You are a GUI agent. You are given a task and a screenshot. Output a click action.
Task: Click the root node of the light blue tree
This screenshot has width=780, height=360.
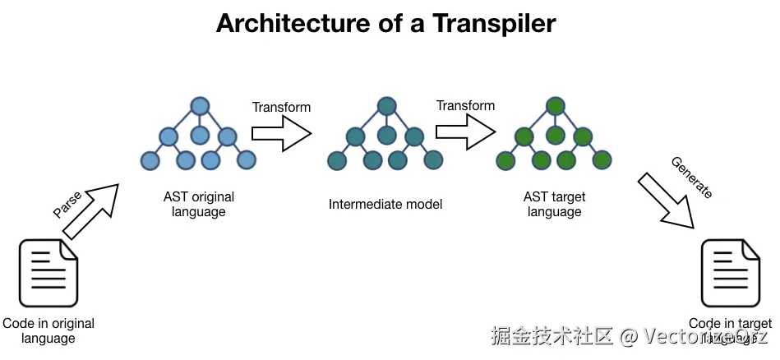point(199,106)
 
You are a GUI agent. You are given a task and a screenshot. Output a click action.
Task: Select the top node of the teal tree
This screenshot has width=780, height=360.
point(387,106)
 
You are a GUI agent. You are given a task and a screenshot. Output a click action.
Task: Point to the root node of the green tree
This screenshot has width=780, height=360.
point(556,106)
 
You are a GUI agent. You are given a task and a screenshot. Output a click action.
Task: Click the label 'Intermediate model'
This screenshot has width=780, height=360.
point(385,204)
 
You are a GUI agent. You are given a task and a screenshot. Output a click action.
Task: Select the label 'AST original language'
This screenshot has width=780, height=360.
point(199,204)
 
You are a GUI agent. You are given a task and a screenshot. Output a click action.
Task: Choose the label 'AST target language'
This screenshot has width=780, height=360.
point(554,204)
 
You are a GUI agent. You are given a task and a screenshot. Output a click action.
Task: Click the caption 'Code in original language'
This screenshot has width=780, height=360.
point(48,330)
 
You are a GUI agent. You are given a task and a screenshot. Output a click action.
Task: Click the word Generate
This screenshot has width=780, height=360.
point(691,177)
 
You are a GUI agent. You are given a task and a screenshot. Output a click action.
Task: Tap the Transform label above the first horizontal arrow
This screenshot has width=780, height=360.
point(281,107)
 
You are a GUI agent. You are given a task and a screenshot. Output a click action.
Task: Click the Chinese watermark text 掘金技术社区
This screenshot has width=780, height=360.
point(552,335)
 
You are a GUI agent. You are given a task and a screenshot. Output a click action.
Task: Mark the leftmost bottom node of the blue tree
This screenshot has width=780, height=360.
point(150,159)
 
